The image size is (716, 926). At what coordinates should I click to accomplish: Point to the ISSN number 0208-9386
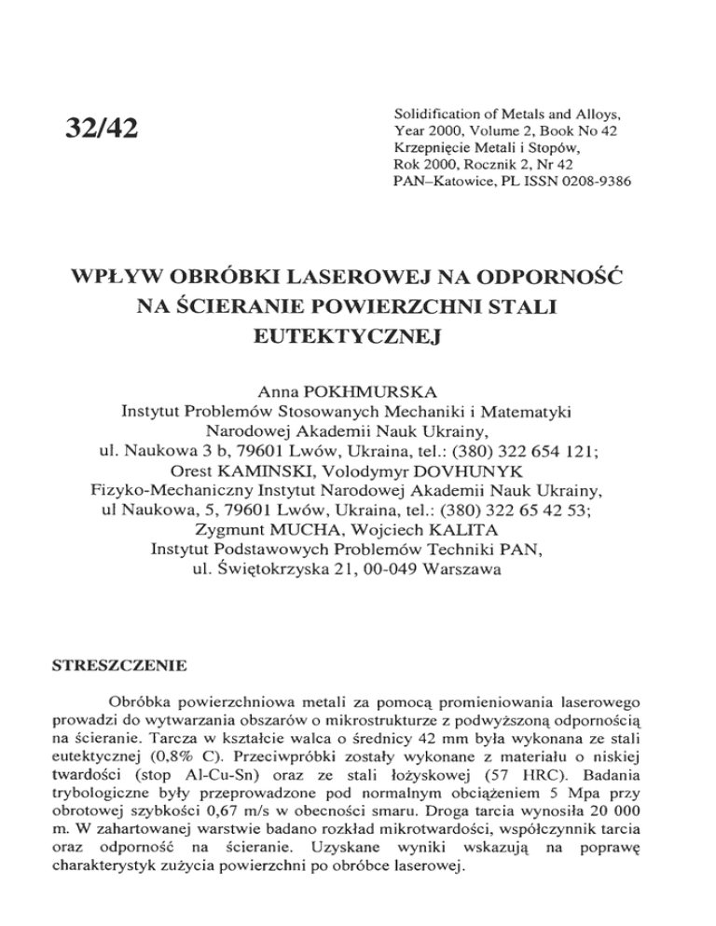[x=589, y=179]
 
